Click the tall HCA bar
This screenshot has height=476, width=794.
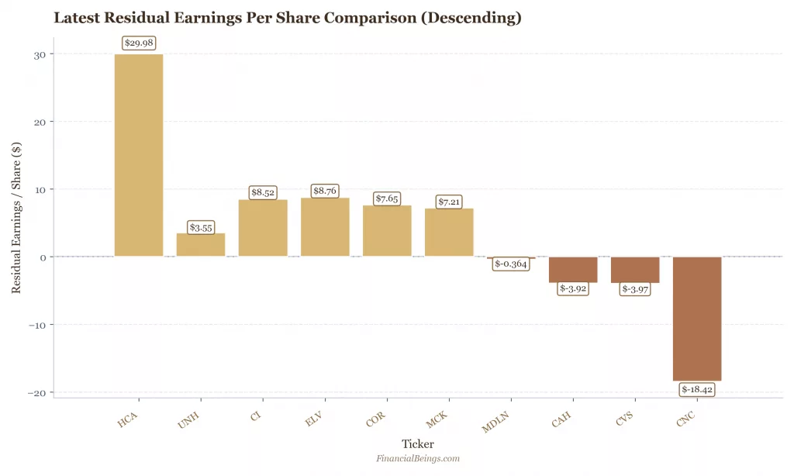click(x=139, y=155)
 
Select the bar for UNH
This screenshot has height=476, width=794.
click(x=201, y=245)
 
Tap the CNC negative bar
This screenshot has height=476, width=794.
click(x=697, y=319)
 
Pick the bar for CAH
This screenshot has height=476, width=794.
click(x=573, y=270)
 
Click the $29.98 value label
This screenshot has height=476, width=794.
click(x=139, y=43)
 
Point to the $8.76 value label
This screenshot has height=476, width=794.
click(x=325, y=191)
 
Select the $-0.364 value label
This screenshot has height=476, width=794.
click(x=511, y=264)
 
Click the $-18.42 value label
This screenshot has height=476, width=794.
click(x=697, y=389)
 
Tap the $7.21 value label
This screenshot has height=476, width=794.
click(x=449, y=202)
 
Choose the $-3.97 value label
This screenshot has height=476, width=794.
click(x=635, y=289)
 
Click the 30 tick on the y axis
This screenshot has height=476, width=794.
click(x=38, y=54)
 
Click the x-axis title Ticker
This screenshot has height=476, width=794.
click(x=418, y=444)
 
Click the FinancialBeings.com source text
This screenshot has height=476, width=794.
click(x=418, y=459)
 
